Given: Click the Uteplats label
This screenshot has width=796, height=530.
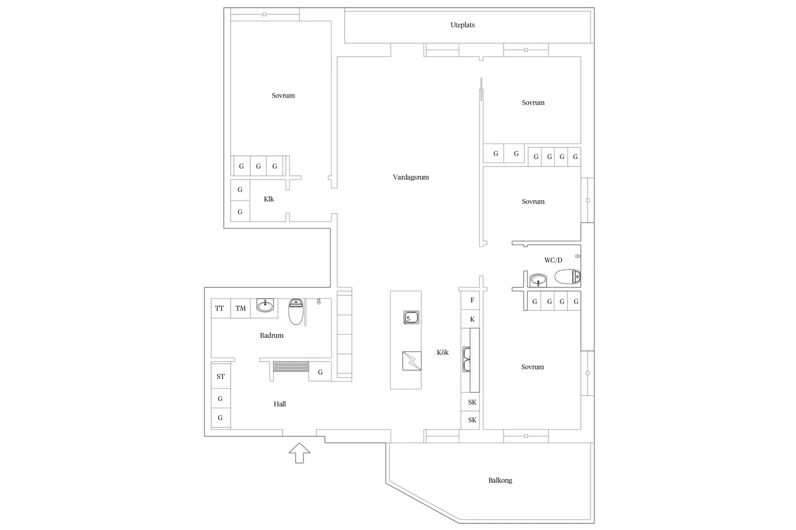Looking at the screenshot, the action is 462,25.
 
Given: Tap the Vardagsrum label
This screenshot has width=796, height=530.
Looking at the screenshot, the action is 411,177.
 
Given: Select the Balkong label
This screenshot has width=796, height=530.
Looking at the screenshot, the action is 500,480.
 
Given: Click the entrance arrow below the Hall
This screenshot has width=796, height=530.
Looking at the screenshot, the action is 299,452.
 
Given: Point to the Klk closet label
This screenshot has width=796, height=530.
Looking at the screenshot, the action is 269,199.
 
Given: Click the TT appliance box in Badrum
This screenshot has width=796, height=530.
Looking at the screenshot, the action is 220,308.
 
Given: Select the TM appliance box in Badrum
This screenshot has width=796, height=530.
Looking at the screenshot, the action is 241,308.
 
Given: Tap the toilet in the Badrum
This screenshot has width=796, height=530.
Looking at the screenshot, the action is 296,312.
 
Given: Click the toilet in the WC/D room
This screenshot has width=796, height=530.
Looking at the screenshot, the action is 567,277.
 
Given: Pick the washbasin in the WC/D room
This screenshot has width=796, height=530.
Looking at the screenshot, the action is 538,280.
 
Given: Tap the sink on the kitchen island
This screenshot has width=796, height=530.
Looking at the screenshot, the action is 411,318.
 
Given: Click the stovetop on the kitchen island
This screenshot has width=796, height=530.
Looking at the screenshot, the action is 412,361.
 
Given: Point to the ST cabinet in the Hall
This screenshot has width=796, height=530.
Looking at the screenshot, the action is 220,376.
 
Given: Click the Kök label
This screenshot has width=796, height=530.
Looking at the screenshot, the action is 442,353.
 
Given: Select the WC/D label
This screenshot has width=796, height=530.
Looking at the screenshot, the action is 553,260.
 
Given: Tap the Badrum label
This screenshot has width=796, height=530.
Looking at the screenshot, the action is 272,335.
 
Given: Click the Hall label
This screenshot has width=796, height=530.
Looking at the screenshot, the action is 280,404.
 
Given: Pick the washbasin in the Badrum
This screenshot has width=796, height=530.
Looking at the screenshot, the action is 265,305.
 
